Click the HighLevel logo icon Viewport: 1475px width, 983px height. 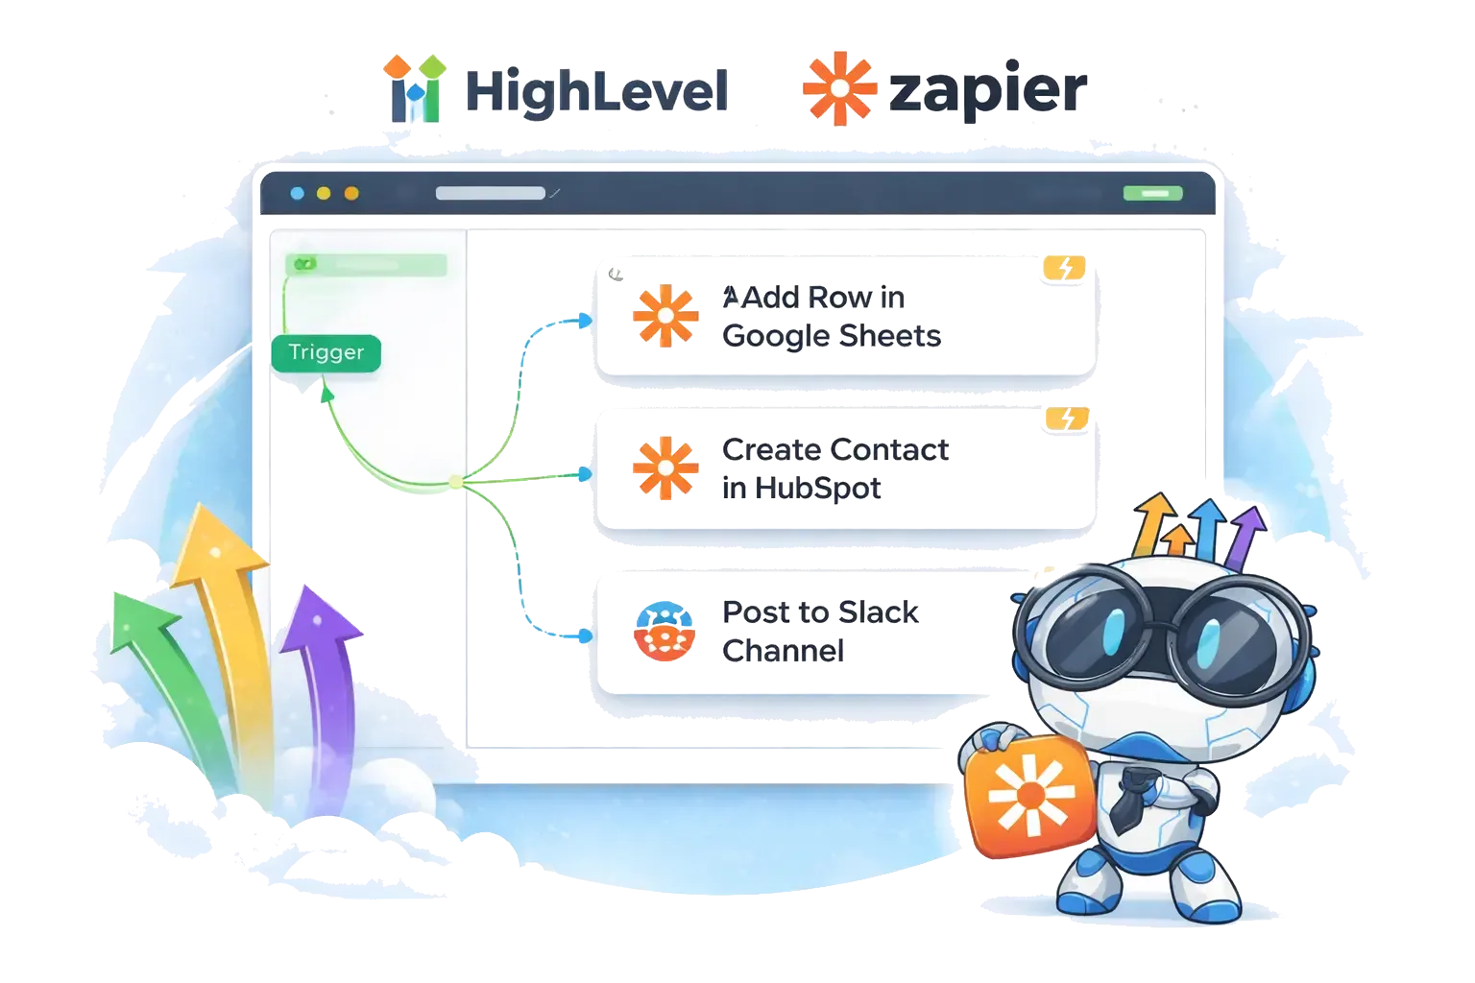(x=419, y=88)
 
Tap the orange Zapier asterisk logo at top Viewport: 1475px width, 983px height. (x=840, y=87)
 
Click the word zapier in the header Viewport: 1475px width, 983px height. (x=989, y=90)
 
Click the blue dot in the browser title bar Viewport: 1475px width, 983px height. (x=298, y=193)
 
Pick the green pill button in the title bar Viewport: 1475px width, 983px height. (x=1152, y=193)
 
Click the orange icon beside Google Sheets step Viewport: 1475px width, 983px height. (x=665, y=315)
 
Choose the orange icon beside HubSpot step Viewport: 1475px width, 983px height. (x=665, y=469)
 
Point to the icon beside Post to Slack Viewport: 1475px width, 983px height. (x=665, y=632)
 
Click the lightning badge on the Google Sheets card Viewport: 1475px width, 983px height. (x=1065, y=270)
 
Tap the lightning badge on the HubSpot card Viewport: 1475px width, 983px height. (x=1067, y=419)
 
